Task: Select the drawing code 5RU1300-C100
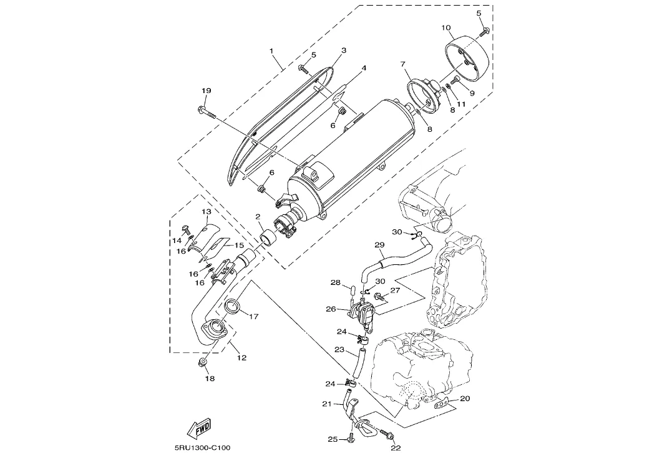(203, 447)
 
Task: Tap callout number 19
(207, 91)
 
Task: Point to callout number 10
(446, 27)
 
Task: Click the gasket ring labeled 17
(232, 306)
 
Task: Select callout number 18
(209, 379)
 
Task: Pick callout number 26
(331, 309)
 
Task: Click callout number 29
(379, 244)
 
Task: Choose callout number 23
(339, 350)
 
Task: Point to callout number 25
(333, 439)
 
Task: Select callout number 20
(465, 398)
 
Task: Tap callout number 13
(207, 212)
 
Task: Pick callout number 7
(402, 64)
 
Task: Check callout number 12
(241, 358)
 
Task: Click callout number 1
(271, 49)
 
